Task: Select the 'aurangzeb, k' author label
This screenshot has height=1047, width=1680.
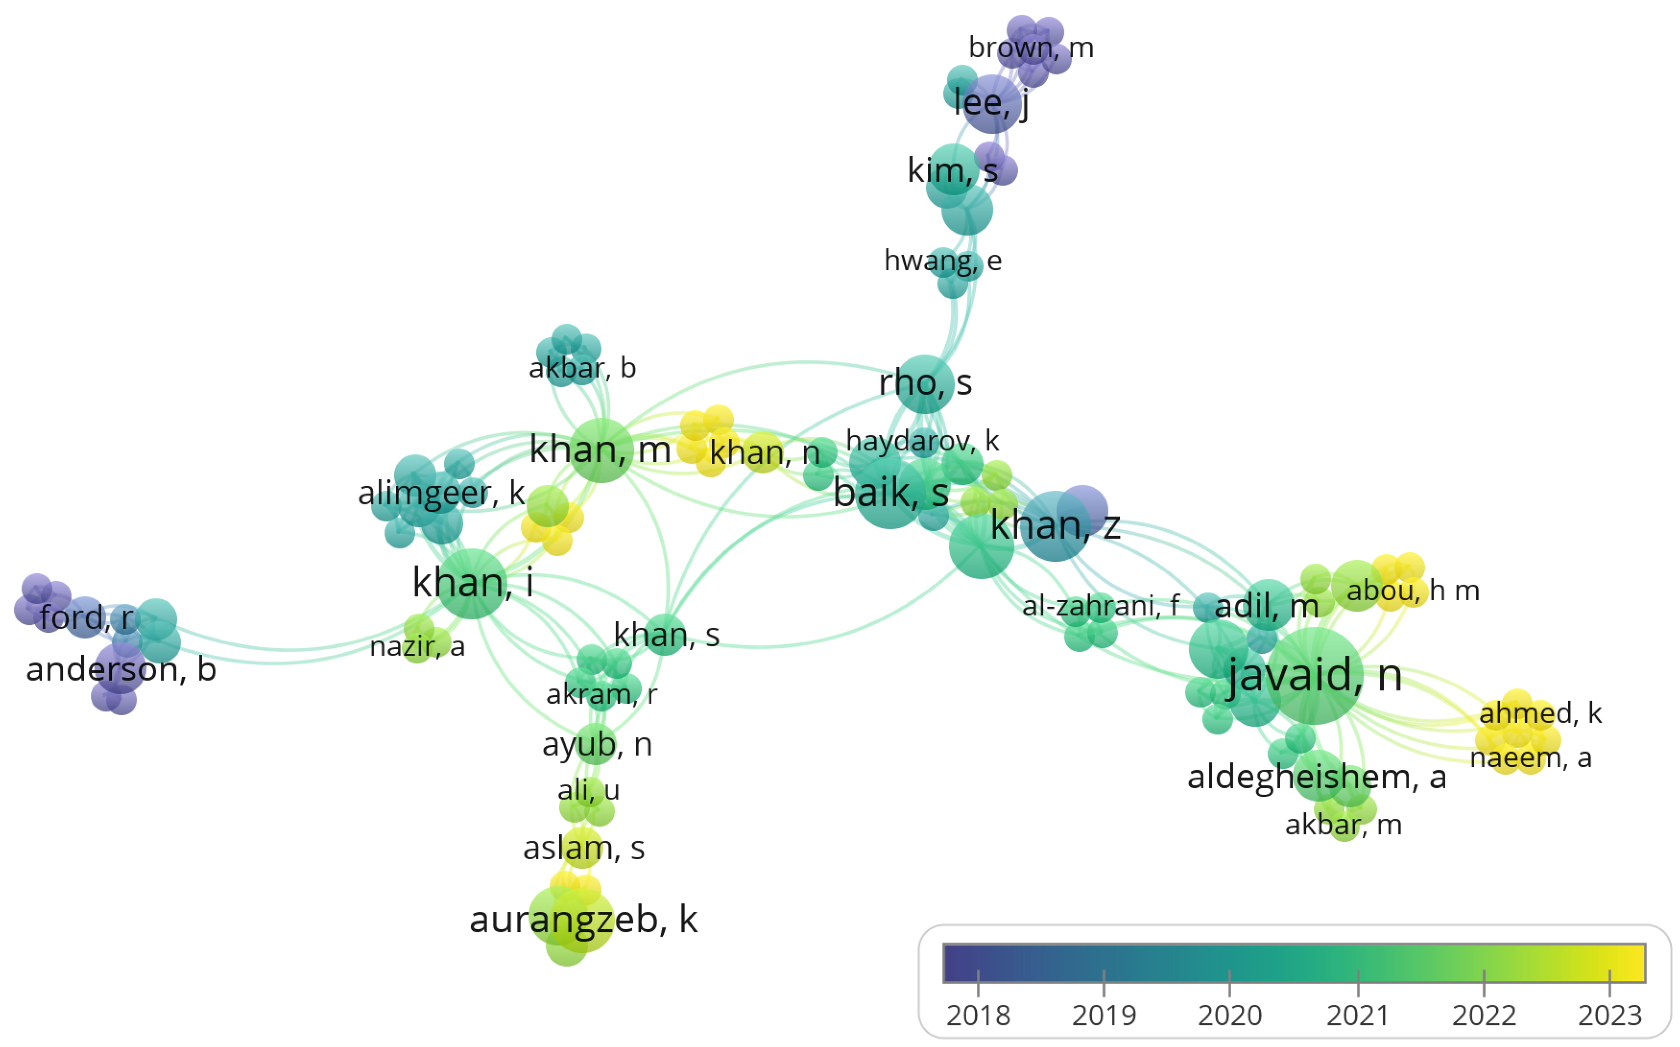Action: coord(584,920)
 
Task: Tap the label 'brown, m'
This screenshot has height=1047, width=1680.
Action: coord(1031,48)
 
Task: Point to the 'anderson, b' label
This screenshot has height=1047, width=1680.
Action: coord(121,669)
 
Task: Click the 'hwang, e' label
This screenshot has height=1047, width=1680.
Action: coord(942,261)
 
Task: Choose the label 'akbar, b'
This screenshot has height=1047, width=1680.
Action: coord(582,367)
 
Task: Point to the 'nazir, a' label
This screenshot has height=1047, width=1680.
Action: coord(417,647)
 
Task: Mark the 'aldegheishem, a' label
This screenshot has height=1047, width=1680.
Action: coord(1316,777)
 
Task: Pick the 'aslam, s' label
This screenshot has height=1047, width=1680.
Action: coord(584,848)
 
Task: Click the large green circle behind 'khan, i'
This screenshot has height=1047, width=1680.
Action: coord(472,584)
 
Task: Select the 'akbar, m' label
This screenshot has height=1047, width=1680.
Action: coord(1343,825)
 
